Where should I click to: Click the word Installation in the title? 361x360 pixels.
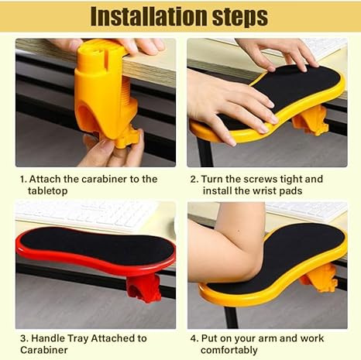tap(145, 16)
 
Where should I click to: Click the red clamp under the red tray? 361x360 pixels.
tap(143, 286)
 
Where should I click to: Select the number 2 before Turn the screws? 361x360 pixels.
tap(194, 179)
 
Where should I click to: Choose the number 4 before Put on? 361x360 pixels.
tap(194, 338)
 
